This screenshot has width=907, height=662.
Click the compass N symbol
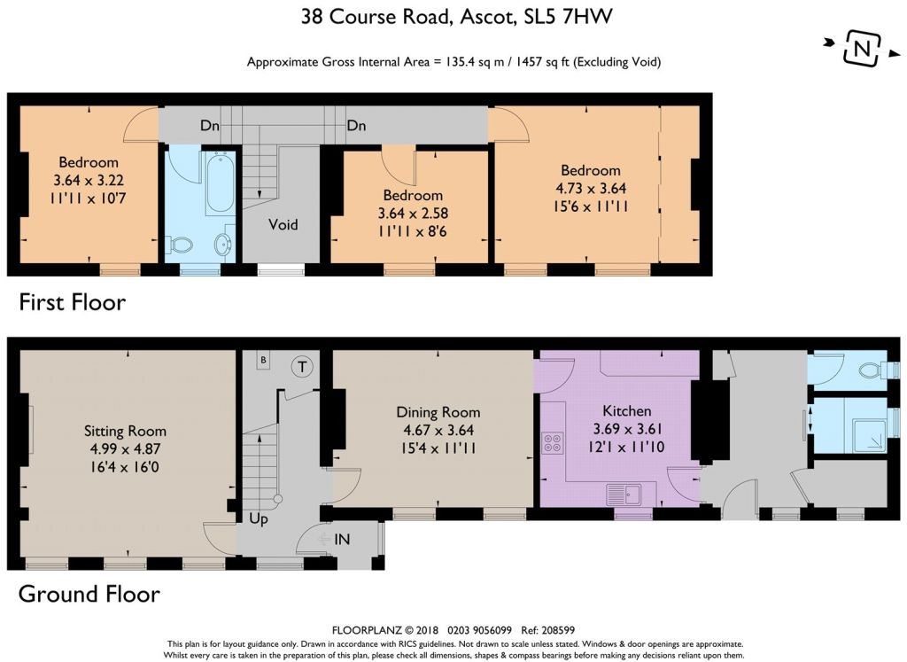862,48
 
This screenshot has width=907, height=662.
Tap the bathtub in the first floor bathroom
220,183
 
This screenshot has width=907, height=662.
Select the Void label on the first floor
283,224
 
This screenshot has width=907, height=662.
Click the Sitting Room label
125,431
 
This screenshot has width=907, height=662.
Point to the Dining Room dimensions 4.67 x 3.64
438,430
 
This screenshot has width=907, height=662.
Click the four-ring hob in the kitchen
553,443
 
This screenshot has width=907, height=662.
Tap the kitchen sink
624,495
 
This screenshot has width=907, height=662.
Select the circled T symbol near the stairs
302,366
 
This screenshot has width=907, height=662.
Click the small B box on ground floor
263,361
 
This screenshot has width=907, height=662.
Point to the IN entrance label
342,540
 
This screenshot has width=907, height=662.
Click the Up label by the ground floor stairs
259,518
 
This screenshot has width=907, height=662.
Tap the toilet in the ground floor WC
875,370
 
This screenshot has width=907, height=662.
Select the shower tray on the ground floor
864,427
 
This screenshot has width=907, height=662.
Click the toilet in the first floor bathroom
179,245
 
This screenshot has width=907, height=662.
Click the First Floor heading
73,303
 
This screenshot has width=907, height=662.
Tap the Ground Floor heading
89,595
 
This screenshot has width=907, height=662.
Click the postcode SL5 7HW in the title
568,16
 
